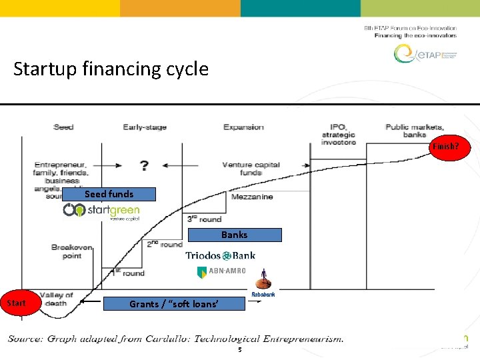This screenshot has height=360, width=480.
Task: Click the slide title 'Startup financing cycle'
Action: [x=111, y=69]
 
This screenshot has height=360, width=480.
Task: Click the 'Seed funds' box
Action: [x=109, y=194]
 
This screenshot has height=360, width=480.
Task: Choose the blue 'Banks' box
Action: [x=235, y=235]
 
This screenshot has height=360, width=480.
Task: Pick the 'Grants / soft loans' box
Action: [x=173, y=304]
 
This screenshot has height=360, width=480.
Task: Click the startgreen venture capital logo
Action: [x=101, y=211]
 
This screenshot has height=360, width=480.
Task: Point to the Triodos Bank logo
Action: [x=220, y=255]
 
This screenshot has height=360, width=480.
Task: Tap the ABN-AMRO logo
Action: [x=221, y=271]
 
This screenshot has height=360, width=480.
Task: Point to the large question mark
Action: [x=144, y=166]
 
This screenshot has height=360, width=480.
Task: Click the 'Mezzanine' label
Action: [x=252, y=197]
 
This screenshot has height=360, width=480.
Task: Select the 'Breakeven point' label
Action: [x=71, y=251]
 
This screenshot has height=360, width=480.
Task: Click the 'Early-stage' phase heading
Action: [x=145, y=127]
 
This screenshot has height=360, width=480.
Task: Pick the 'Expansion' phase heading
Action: [x=243, y=127]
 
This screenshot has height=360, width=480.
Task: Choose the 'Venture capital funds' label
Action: [x=251, y=168]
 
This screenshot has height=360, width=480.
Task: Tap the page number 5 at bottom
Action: [x=239, y=349]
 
